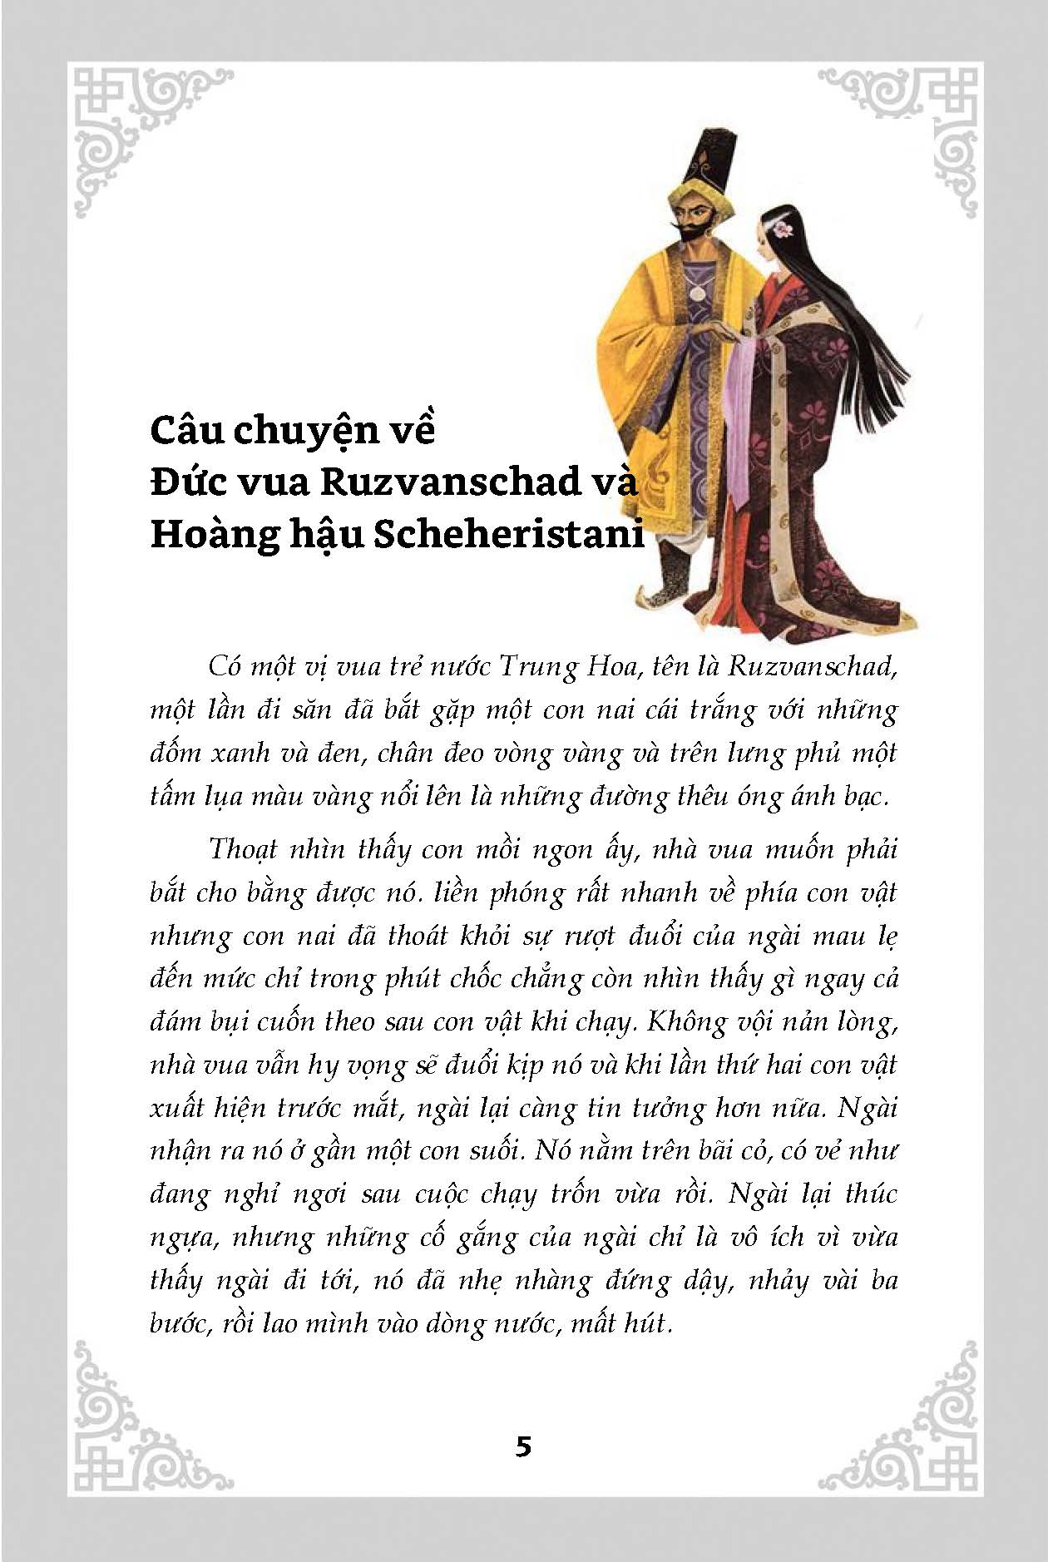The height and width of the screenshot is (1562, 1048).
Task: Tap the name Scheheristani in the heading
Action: [508, 533]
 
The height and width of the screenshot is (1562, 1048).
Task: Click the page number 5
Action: [523, 1446]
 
